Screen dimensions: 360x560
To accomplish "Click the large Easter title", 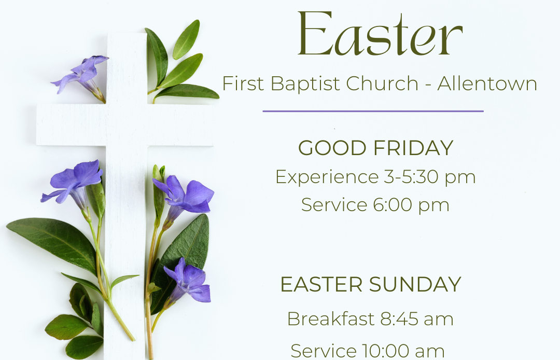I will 380,35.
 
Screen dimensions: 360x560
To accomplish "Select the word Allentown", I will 487,84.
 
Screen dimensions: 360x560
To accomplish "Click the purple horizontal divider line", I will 373,111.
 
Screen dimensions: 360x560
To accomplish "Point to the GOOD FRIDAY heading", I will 375,148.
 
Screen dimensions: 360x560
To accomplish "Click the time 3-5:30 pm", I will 430,177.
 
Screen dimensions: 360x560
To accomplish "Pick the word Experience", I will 326,177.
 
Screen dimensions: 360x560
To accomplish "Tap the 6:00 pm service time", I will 411,205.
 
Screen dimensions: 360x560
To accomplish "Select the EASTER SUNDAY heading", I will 370,285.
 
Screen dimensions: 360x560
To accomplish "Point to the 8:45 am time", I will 417,319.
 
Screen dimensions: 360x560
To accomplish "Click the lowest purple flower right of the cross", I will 189,283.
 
